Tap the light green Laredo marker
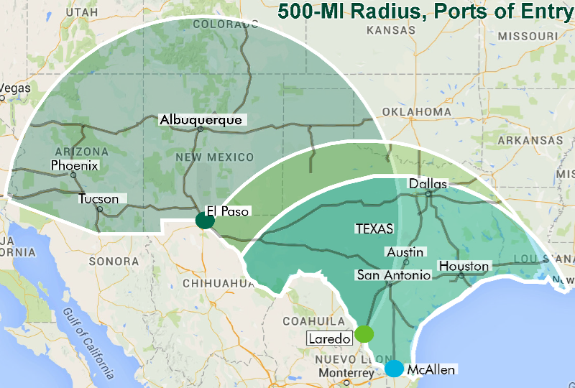tap(364, 334)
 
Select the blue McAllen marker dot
tap(394, 369)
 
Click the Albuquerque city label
tap(201, 120)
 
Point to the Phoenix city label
tap(75, 166)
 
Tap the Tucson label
tap(98, 198)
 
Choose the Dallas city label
tap(428, 184)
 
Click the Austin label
tap(405, 252)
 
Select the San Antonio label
tap(394, 275)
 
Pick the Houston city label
tap(464, 267)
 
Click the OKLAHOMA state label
tap(417, 112)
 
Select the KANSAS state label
tap(390, 31)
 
